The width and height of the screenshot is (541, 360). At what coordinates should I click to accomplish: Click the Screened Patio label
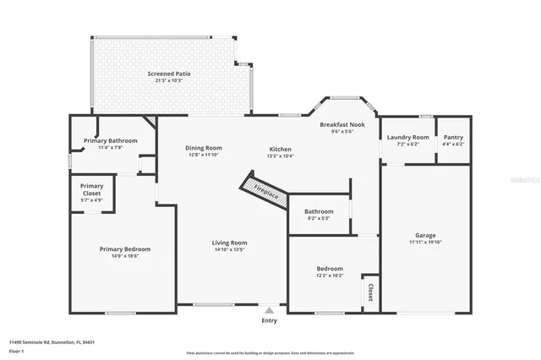click(168, 74)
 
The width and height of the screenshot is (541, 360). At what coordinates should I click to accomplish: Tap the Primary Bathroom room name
click(110, 140)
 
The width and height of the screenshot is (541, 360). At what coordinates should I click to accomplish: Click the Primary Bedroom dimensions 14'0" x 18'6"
click(124, 256)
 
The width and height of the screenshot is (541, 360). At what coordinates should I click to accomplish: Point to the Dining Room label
click(204, 148)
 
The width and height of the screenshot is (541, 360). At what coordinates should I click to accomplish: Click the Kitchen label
click(280, 148)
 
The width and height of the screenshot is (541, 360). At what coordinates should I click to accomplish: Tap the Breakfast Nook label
click(342, 124)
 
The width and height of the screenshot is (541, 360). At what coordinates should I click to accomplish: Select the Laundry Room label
click(408, 137)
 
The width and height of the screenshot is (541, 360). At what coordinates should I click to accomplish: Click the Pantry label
click(453, 137)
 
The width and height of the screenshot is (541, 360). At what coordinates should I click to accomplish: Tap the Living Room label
click(229, 243)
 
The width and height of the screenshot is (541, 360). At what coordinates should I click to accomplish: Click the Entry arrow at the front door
click(269, 310)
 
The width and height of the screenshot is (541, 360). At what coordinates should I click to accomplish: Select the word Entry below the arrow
click(269, 320)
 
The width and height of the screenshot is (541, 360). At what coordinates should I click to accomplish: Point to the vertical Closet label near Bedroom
click(369, 292)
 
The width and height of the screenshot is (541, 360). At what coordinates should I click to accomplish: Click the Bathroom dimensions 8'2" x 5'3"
click(319, 218)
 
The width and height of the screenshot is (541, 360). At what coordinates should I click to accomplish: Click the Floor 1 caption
click(16, 350)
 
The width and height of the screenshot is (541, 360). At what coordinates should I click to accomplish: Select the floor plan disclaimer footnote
click(270, 352)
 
